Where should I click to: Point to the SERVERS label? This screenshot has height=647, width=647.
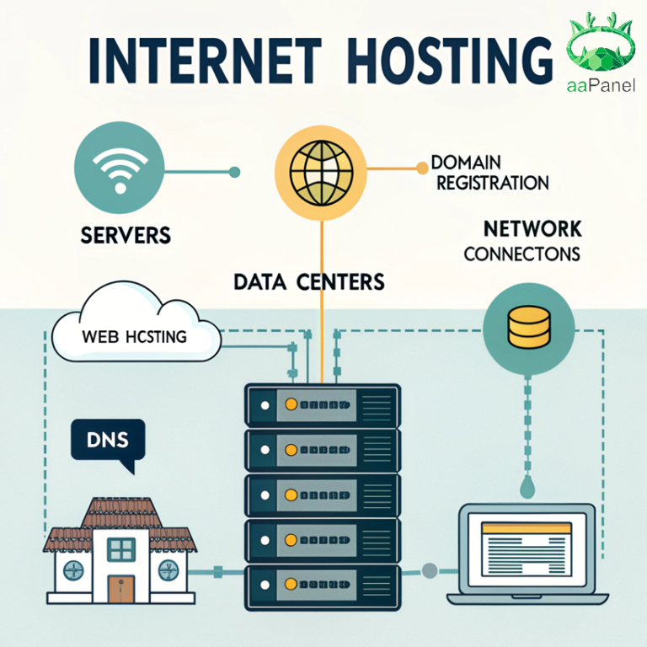(126, 234)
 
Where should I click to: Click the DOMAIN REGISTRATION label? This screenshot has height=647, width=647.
(489, 171)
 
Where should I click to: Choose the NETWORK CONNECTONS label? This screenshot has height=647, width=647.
(521, 240)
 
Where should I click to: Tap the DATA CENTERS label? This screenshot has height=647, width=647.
(308, 281)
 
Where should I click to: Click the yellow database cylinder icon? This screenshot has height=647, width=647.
(528, 327)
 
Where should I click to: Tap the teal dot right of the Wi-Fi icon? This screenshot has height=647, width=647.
(234, 172)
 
